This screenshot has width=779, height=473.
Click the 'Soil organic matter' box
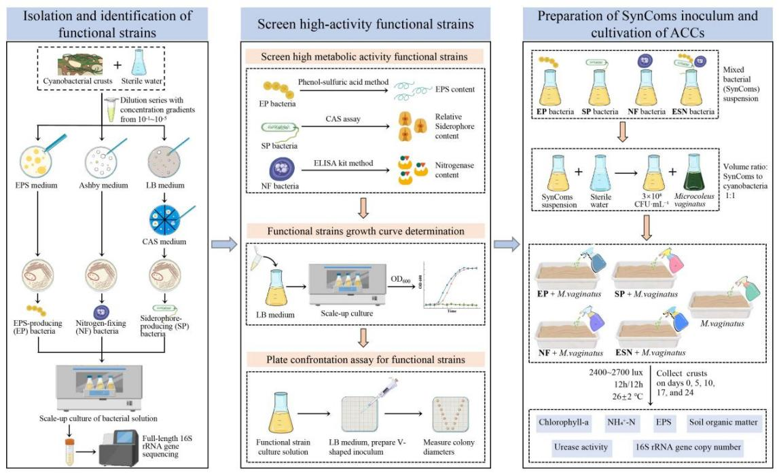click(721, 423)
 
